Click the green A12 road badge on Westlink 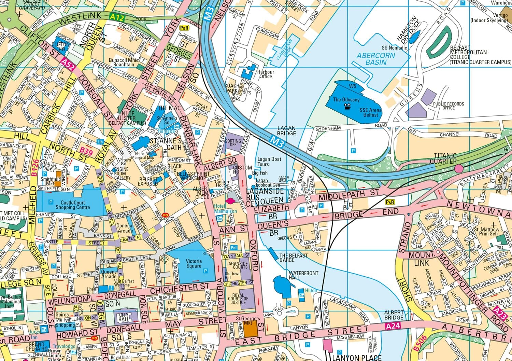point(117,17)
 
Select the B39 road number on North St point(86,151)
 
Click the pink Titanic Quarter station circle point(458,168)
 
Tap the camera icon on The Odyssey point(347,107)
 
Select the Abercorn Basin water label point(376,59)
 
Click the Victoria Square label point(194,263)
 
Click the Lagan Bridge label point(286,131)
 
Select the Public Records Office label point(448,106)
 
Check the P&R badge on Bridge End point(389,202)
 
